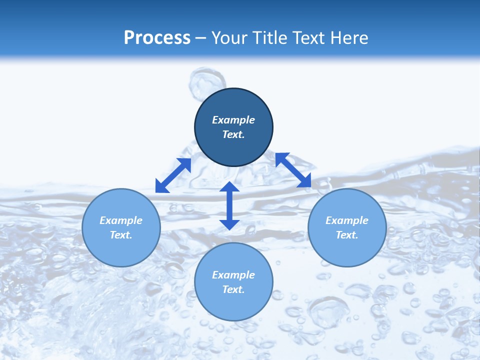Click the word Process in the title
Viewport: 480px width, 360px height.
coord(157,38)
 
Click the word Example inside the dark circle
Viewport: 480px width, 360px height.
coord(233,120)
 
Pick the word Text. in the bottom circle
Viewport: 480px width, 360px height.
coord(233,289)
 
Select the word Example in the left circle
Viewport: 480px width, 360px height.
coord(121,220)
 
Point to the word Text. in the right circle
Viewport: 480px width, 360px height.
coord(347,235)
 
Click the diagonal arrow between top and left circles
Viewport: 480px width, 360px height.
coord(173,175)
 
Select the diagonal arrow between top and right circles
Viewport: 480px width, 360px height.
coord(293,170)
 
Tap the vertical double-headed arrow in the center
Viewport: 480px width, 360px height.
coord(229,205)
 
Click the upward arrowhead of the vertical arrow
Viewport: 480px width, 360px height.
coord(229,187)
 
